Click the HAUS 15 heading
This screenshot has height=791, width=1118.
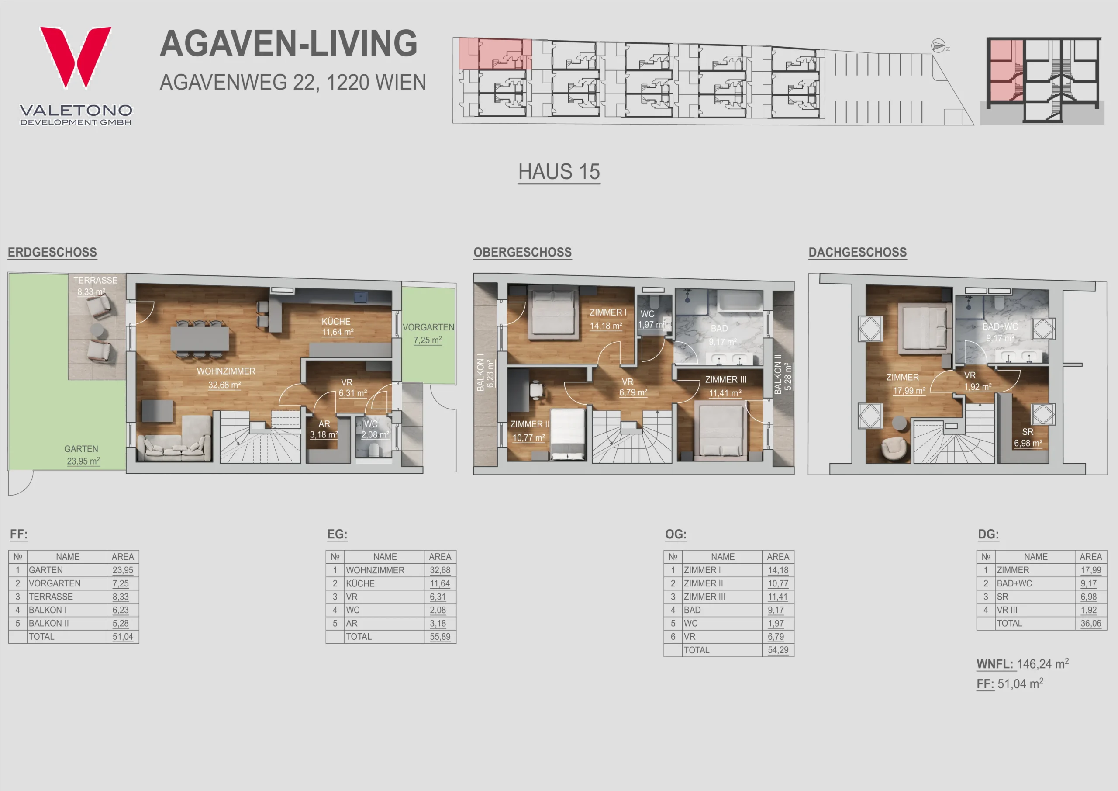click(559, 172)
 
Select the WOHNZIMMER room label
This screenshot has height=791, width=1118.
click(226, 371)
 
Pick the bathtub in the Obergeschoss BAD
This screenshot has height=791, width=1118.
click(741, 301)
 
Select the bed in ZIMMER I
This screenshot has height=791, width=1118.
click(554, 312)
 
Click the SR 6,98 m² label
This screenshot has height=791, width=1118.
click(1028, 437)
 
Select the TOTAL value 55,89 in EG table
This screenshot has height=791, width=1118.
click(440, 636)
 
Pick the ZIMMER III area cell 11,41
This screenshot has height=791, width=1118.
click(778, 597)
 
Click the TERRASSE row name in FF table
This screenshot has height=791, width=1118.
click(51, 597)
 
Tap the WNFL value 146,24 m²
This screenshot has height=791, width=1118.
click(1042, 664)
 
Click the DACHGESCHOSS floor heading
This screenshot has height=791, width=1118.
click(857, 253)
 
